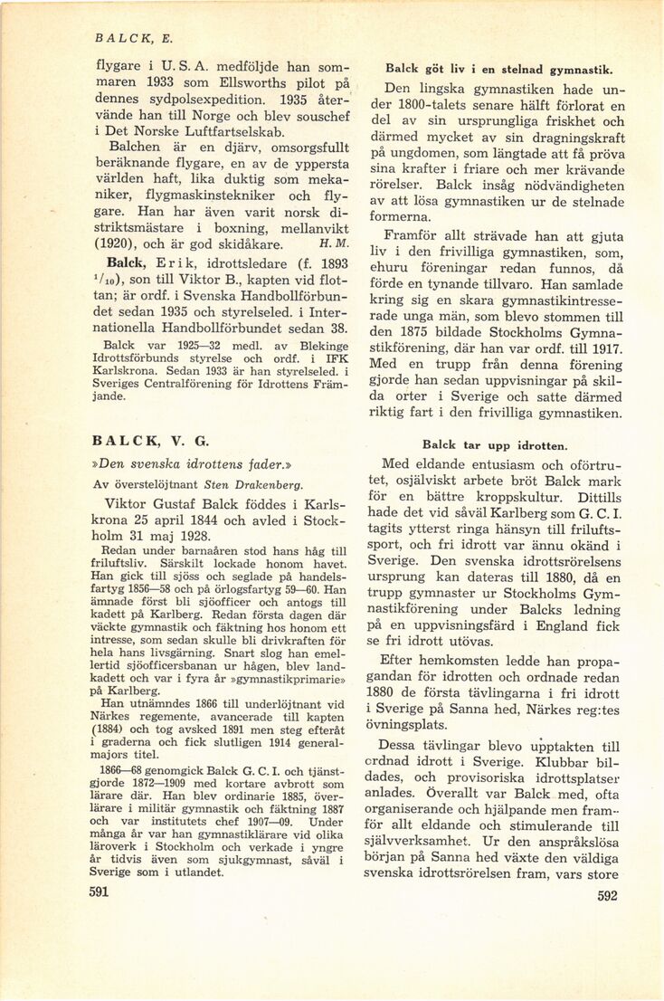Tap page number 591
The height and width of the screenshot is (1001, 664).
99,891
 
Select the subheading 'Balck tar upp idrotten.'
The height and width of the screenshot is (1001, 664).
495,444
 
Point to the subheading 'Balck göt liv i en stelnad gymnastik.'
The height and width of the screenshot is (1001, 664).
499,69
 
